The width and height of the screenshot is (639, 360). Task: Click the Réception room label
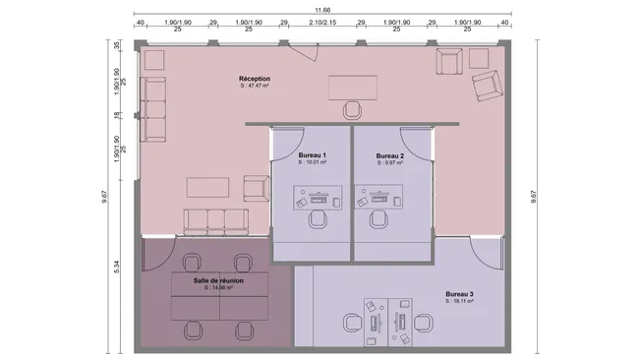pos(255,79)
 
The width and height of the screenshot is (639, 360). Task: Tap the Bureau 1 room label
pos(312,155)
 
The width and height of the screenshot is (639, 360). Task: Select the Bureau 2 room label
pos(390,155)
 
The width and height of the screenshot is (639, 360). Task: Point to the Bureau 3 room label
pos(459,294)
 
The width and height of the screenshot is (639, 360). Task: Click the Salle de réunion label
pos(218,280)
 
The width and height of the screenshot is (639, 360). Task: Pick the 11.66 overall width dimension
pos(321,10)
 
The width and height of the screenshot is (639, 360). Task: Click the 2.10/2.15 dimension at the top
pos(321,22)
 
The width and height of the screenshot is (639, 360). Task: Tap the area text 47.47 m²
pos(255,87)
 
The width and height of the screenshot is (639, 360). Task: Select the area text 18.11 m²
pos(459,302)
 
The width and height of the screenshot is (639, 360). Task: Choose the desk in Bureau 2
pos(377,201)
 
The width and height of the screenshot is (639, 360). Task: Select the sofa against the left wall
pos(154,109)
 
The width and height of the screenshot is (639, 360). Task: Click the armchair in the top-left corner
pos(153,62)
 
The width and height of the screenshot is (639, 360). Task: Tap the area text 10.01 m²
pos(312,163)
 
